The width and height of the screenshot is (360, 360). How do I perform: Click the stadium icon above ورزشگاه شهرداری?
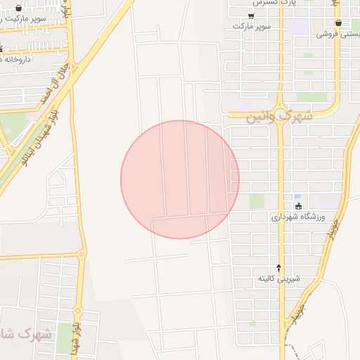pyautogui.click(x=299, y=207)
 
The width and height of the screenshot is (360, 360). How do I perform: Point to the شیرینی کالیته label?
pyautogui.click(x=278, y=279)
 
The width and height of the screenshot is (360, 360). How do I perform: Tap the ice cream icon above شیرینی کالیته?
pyautogui.click(x=279, y=268)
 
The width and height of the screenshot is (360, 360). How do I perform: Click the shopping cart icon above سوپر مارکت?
pyautogui.click(x=251, y=15)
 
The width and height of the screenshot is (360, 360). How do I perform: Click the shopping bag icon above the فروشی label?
pyautogui.click(x=338, y=23)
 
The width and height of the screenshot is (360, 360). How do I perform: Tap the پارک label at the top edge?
pyautogui.click(x=257, y=3)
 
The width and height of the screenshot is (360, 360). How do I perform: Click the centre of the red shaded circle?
pyautogui.click(x=180, y=180)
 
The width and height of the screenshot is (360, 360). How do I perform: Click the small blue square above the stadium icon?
pyautogui.click(x=297, y=196)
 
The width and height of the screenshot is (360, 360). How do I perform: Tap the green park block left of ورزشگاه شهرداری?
pyautogui.click(x=257, y=202)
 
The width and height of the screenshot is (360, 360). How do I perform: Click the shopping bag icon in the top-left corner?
pyautogui.click(x=18, y=8)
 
